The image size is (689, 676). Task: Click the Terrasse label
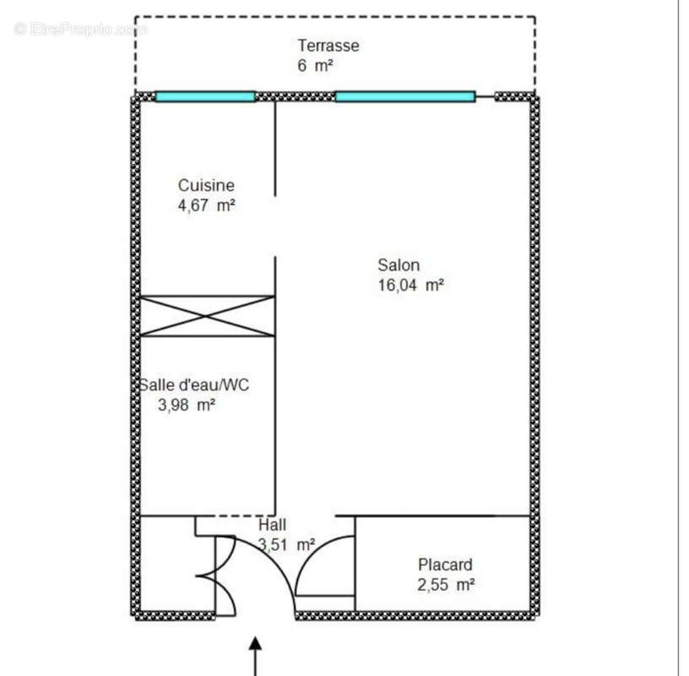point(328,46)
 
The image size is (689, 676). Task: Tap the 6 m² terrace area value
point(315,66)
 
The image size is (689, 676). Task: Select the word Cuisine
point(206,185)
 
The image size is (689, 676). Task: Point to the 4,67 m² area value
point(206,205)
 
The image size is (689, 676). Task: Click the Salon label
point(399,265)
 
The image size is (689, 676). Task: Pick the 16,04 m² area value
point(410,286)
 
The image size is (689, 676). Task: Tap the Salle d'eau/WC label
point(195,385)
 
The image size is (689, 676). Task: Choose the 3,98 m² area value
point(187,406)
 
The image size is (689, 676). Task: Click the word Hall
point(272,525)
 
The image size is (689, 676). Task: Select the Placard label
point(445,564)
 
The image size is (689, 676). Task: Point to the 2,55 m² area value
point(445,585)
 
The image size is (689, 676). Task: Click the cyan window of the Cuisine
point(205,96)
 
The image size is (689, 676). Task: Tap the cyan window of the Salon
point(404,96)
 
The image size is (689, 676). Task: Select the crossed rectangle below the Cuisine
point(208,316)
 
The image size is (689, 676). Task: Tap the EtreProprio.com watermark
point(81,30)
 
